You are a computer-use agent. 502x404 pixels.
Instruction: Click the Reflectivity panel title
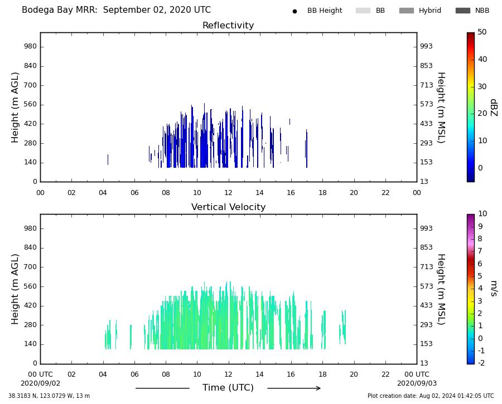pos(228,25)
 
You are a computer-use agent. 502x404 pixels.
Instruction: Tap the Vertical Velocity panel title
pos(228,207)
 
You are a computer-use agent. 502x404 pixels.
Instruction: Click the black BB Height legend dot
pos(295,11)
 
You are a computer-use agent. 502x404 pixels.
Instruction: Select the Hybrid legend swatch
pos(407,11)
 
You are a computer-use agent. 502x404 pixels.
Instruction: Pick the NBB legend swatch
pos(463,11)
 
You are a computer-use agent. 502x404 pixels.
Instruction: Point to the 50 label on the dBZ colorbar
pos(482,32)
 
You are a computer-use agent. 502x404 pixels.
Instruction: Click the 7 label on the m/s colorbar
pos(480,251)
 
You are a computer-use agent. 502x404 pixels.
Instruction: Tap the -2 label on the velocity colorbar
pos(481,363)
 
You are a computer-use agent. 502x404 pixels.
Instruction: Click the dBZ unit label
pos(494,108)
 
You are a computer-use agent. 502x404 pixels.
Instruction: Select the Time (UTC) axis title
pos(228,388)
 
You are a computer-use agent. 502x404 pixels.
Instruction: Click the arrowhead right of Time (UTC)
pos(318,388)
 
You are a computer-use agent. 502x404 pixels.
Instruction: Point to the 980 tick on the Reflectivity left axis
pos(31,46)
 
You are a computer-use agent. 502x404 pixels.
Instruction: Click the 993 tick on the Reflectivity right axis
pos(427,46)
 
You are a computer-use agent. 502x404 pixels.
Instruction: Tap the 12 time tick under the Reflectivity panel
pos(228,193)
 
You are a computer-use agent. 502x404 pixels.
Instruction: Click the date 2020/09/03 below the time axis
pos(417,383)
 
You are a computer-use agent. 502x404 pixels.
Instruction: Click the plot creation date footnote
pos(431,396)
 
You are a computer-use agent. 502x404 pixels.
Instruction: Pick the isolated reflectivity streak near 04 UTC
pos(108,159)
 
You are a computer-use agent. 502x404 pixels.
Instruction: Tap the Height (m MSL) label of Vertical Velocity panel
pos(442,289)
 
